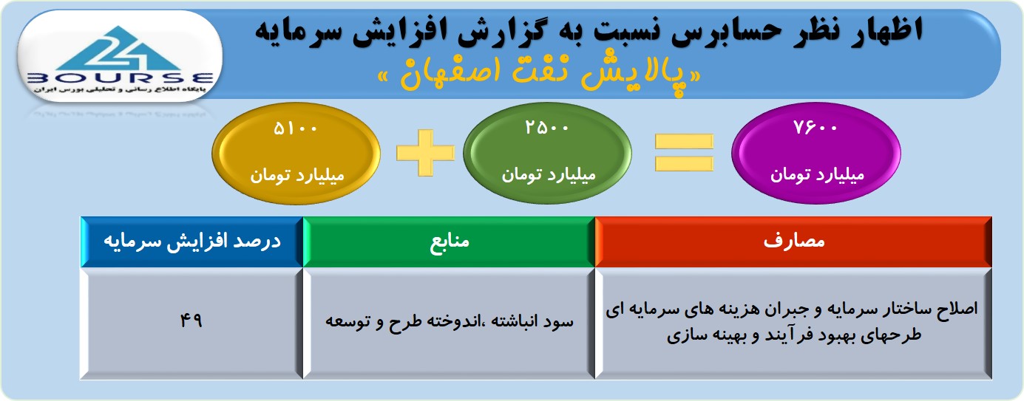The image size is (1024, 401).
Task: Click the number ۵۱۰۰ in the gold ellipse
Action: tap(295, 128)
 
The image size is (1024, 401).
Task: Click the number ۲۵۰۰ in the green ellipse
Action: tap(546, 128)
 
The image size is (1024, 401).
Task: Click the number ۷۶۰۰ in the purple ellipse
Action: tap(816, 128)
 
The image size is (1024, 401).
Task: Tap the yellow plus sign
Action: tap(425, 153)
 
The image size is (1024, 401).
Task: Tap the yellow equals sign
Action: tap(684, 153)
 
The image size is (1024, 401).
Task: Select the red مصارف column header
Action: tap(793, 241)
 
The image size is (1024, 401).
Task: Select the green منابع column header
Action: tap(449, 241)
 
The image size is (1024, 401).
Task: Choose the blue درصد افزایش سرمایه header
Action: tap(192, 241)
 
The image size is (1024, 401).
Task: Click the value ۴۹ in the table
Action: tap(191, 321)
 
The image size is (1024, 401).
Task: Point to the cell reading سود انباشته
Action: tap(449, 321)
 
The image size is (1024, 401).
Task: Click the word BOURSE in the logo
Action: tap(120, 78)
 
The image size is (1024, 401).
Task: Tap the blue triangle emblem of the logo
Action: tap(119, 48)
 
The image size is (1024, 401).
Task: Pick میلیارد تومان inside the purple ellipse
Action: tap(817, 174)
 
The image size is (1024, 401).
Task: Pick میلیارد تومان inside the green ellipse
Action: tap(549, 174)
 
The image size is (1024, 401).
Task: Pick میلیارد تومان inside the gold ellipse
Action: tap(296, 175)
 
